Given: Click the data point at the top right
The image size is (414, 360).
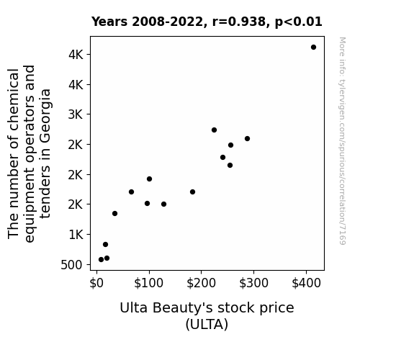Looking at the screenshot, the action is pyautogui.click(x=313, y=48).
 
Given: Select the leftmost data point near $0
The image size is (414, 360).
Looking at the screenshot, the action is pyautogui.click(x=101, y=260).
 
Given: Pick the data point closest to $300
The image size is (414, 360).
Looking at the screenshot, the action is pyautogui.click(x=247, y=139).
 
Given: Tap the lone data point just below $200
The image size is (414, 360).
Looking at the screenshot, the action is pyautogui.click(x=192, y=192).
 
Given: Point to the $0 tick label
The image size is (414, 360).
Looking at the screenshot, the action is pyautogui.click(x=96, y=284).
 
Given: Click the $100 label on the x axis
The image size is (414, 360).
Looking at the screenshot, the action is pyautogui.click(x=148, y=284).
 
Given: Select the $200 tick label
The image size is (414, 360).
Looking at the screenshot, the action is pyautogui.click(x=201, y=284).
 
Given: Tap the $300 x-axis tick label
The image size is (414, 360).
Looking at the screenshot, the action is pyautogui.click(x=253, y=284).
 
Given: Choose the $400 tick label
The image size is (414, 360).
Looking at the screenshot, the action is pyautogui.click(x=306, y=284).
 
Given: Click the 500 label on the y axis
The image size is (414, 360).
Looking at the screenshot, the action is pyautogui.click(x=71, y=265).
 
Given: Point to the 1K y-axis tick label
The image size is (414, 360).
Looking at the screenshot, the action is pyautogui.click(x=76, y=235).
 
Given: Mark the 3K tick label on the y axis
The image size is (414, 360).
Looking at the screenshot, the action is pyautogui.click(x=76, y=114).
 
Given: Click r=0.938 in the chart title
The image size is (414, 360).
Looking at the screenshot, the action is pyautogui.click(x=239, y=22).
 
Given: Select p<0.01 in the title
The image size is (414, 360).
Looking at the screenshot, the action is pyautogui.click(x=299, y=22).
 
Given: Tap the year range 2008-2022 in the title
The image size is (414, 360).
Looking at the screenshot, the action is pyautogui.click(x=167, y=22).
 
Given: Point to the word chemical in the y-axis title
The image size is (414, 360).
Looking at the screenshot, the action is pyautogui.click(x=14, y=99).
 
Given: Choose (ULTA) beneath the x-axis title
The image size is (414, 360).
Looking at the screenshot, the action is pyautogui.click(x=207, y=324).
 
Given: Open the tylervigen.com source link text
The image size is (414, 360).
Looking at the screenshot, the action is pyautogui.click(x=342, y=141).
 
